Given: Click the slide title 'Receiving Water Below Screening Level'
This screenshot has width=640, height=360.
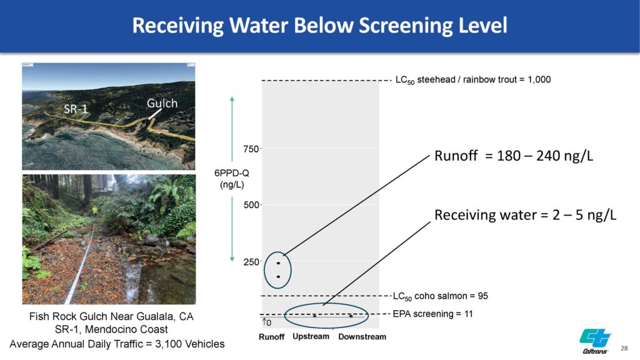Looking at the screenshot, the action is tap(319, 25).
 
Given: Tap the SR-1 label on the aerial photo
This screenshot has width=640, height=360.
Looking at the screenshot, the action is tap(76, 109).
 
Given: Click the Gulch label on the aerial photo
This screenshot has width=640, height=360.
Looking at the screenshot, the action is tap(162, 103).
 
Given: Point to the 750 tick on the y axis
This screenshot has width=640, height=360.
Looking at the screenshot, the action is tap(251, 149).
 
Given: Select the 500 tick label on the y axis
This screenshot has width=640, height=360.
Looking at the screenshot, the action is tap(251, 205).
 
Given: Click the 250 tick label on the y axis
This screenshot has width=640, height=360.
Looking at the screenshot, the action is tap(251, 262).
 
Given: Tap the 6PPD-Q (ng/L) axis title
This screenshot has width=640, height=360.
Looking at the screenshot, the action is tap(232, 179).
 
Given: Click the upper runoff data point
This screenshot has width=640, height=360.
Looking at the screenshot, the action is tap(278, 263).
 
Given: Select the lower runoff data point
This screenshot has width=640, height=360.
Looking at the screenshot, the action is tap(278, 277).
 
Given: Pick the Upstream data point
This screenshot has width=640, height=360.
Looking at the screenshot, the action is tap(315, 316).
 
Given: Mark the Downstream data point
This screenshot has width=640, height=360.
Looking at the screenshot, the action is tap(351, 316).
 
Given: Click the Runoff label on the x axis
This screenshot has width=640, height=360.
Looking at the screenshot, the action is tap(271, 337).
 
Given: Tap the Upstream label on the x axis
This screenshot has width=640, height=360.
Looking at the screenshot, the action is tap(311, 337).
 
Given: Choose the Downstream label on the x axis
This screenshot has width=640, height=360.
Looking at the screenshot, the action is tap(362, 337).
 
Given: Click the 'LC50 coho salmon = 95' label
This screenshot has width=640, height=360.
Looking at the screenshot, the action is tap(441, 296).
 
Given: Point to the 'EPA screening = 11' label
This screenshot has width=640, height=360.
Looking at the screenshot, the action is tap(432, 314).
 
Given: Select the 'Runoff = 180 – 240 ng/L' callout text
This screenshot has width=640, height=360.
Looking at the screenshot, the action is tap(514, 156).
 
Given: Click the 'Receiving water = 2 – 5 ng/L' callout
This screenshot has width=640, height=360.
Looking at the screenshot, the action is tap(525, 215).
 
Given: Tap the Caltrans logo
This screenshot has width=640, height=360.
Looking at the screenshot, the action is tap(596, 341).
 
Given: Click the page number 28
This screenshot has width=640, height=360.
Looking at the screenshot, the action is tap(624, 348).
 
